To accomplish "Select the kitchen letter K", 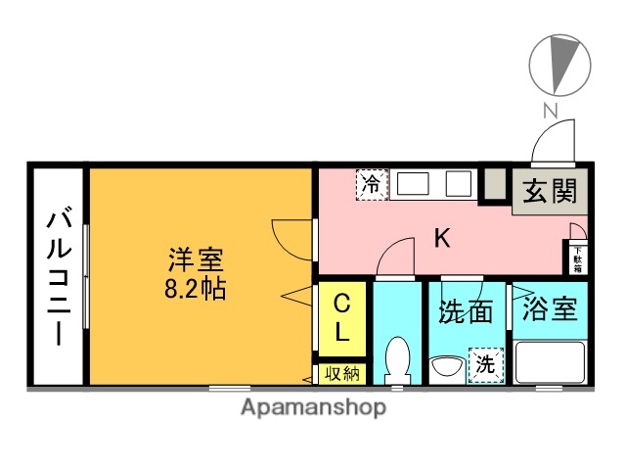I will [x=442, y=238].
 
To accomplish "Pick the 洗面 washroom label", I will [x=465, y=312].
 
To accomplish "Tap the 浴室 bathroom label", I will [x=549, y=310].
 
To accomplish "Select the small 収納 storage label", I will [x=341, y=373].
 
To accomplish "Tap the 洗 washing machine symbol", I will [x=485, y=364].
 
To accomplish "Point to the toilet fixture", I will [x=397, y=359].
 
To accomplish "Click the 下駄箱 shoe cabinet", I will [x=577, y=258].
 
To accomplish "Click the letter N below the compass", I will [x=551, y=112].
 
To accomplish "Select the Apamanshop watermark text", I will [x=313, y=406].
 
